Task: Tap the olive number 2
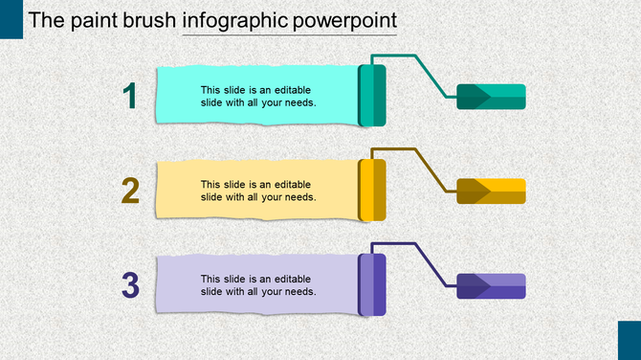131,191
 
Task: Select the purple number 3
131,284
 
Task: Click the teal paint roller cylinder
372,96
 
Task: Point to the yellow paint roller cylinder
372,190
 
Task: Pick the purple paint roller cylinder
372,284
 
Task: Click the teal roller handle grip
491,97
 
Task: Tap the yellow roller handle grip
491,191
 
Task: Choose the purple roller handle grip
491,285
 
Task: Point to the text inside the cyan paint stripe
258,96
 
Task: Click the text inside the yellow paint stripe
258,191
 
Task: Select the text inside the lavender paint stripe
258,284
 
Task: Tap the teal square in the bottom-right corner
629,340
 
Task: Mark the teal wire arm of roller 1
427,73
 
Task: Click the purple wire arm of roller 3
427,261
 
